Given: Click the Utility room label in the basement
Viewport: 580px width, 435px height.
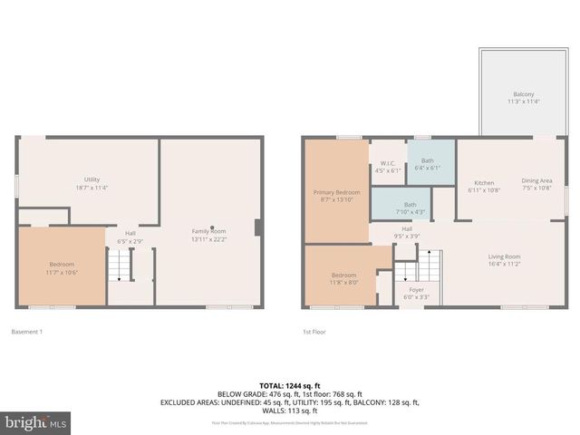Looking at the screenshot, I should [x=91, y=184].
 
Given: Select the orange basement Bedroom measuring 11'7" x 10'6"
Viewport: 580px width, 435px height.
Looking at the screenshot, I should [x=62, y=267].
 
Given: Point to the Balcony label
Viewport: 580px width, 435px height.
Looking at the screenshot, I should [x=523, y=98].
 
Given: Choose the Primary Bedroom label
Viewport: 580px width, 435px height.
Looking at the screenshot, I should [x=336, y=197].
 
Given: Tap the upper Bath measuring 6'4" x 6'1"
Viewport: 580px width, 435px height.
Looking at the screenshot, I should [x=427, y=164].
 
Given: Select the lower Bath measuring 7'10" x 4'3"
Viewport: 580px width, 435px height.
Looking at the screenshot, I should [x=410, y=208].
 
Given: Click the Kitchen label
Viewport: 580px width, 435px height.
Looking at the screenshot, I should [x=483, y=186].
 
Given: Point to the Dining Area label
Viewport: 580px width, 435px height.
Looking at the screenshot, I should [x=536, y=184].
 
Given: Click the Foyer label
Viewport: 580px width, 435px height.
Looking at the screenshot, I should [x=416, y=293].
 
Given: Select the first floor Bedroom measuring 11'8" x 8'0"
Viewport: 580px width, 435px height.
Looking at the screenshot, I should [x=343, y=278].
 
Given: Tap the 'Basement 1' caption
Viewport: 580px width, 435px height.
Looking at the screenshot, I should [x=27, y=332].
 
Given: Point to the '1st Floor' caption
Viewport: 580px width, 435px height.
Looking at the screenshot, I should [x=314, y=332].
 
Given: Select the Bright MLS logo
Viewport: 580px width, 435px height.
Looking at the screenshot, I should [x=36, y=422].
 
